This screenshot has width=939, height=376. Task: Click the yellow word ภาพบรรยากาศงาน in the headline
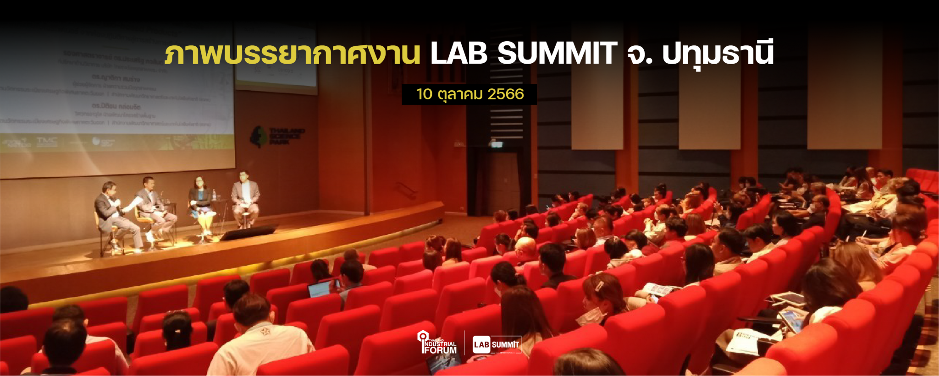pyautogui.click(x=292, y=54)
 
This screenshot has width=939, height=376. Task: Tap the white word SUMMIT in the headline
pyautogui.click(x=557, y=53)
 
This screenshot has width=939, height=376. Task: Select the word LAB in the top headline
pyautogui.click(x=458, y=53)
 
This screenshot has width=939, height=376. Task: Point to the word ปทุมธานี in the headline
pyautogui.click(x=718, y=54)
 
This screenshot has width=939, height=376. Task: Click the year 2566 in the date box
pyautogui.click(x=505, y=94)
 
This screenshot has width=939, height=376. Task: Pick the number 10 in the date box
pyautogui.click(x=424, y=94)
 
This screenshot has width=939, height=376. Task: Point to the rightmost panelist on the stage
pyautogui.click(x=245, y=197)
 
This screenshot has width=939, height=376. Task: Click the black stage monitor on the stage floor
pyautogui.click(x=248, y=233)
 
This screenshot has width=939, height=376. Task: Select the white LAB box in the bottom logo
pyautogui.click(x=481, y=344)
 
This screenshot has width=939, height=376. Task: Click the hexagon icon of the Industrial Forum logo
pyautogui.click(x=422, y=337)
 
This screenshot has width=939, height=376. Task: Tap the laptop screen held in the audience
pyautogui.click(x=319, y=289)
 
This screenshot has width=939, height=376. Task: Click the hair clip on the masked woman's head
pyautogui.click(x=599, y=286)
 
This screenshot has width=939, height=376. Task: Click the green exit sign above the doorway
pyautogui.click(x=496, y=144)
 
